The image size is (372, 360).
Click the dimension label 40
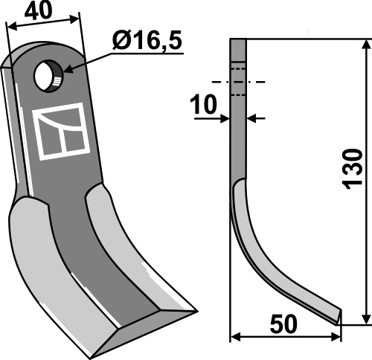(x=39, y=11)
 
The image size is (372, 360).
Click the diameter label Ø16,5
(x=147, y=40)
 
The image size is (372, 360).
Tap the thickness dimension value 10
(x=203, y=105)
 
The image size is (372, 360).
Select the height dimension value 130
(x=352, y=169)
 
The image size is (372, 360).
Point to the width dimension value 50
(x=283, y=324)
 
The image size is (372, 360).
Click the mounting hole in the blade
(x=49, y=77)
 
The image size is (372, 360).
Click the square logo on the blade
(x=61, y=132)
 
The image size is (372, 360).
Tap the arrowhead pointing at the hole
(x=69, y=70)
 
